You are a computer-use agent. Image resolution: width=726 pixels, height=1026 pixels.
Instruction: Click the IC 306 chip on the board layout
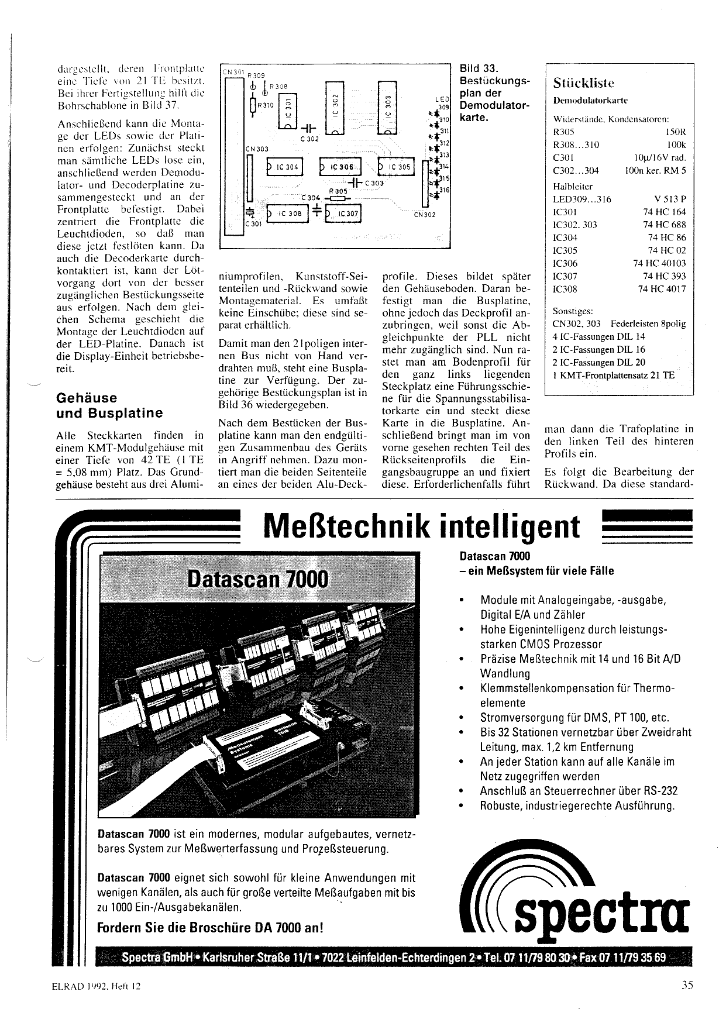340,167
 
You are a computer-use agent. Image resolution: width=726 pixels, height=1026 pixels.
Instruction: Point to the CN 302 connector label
424,215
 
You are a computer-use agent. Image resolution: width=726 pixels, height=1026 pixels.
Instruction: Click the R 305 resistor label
338,191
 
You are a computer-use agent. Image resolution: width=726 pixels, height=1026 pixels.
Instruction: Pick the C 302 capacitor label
309,139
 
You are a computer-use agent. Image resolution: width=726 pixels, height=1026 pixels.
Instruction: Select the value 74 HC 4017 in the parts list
662,288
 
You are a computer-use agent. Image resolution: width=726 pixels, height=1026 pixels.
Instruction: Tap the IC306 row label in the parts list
565,263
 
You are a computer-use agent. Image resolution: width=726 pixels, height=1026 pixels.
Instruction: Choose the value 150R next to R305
676,132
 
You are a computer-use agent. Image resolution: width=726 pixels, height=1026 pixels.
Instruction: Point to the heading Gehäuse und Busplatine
109,405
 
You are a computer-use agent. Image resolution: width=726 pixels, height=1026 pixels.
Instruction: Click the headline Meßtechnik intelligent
422,526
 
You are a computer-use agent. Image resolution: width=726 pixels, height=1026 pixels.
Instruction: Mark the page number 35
687,985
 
